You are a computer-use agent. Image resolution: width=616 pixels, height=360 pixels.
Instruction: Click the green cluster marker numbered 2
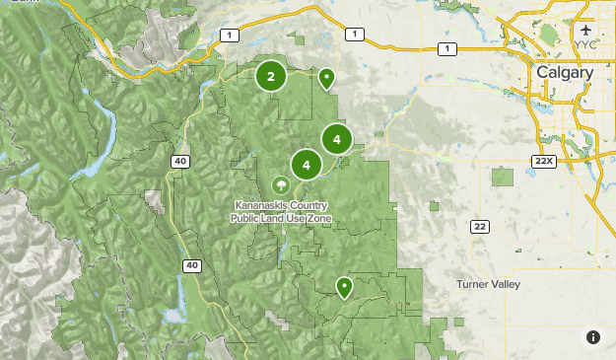point(271,76)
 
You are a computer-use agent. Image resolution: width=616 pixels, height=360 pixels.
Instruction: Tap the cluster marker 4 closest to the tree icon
point(307,165)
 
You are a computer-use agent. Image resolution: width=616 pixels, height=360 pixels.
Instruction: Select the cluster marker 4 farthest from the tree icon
point(337,139)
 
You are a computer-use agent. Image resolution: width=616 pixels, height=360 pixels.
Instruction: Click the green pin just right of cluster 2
point(325,77)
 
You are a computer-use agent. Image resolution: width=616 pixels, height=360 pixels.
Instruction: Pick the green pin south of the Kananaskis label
point(344,287)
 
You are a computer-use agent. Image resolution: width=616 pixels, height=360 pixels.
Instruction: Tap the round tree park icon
point(281,185)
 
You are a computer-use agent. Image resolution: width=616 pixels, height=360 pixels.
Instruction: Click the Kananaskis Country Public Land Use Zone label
point(282,212)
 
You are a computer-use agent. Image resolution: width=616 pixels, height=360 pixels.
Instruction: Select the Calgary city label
point(565,73)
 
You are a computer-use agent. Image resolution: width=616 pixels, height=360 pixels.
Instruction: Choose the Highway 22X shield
point(543,160)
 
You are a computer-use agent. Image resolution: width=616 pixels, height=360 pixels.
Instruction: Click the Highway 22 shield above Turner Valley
point(480,227)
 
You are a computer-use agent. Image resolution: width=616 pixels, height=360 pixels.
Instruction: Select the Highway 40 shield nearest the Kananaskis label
point(179,161)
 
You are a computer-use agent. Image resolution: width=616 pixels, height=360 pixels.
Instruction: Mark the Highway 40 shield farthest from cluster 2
point(192,265)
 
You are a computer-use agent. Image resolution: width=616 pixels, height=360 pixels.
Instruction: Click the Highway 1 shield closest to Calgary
point(447,48)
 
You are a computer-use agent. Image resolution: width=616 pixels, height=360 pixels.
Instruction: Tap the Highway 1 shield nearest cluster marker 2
point(230,36)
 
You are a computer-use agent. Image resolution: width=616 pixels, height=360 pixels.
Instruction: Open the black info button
point(593,337)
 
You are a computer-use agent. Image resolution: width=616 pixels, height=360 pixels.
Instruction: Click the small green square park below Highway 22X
point(503,177)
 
